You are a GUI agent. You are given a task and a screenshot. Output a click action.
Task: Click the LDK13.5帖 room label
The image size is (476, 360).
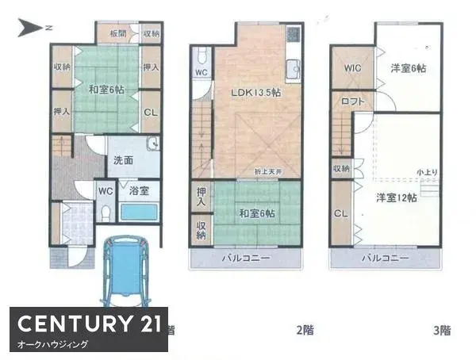255,93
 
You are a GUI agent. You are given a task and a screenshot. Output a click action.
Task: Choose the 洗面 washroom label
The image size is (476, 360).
122,160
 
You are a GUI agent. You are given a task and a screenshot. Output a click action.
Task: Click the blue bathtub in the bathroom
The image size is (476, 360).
139,212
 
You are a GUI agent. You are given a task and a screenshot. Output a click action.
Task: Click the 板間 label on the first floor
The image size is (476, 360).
118,34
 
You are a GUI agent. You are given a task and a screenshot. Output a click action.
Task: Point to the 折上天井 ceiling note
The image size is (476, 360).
267,172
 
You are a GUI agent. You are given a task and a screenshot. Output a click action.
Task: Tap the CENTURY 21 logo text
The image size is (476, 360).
88,323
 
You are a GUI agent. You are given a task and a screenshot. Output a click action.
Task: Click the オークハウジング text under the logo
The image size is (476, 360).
52,345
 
